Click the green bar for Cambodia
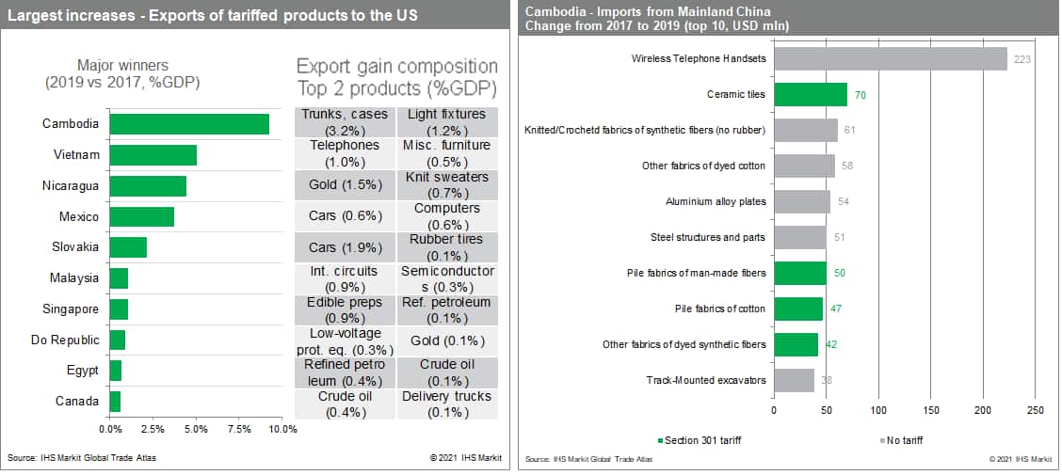click(x=188, y=124)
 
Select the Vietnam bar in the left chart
click(x=153, y=155)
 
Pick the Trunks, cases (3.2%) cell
click(x=344, y=121)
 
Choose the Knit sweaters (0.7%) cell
click(x=446, y=184)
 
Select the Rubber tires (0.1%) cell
click(x=446, y=247)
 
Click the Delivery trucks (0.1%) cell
click(x=446, y=404)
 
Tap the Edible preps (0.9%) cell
click(x=344, y=309)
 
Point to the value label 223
click(x=1021, y=59)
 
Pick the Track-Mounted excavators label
click(x=706, y=380)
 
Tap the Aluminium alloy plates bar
click(x=801, y=201)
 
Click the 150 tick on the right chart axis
click(x=931, y=411)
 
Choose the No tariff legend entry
click(x=903, y=440)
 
